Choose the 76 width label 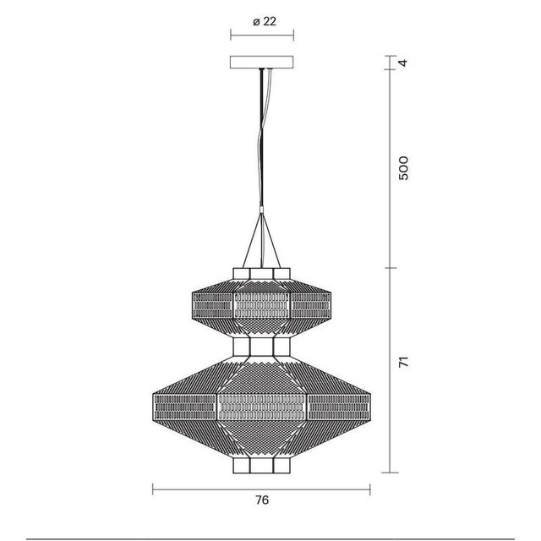click(262, 500)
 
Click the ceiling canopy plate click(262, 63)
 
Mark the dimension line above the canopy click(262, 36)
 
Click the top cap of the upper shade click(262, 271)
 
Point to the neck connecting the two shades click(262, 347)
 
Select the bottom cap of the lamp click(262, 467)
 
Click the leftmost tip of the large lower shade click(154, 404)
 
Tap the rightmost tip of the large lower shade click(370, 404)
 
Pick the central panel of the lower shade click(262, 404)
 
